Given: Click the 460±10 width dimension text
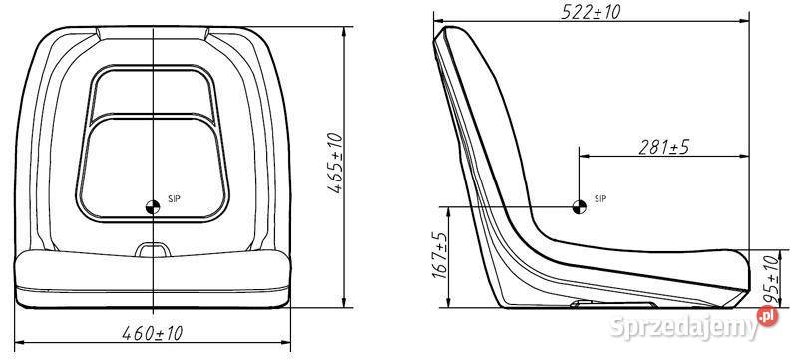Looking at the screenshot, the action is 153,333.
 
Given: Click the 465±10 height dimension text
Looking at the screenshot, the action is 335,164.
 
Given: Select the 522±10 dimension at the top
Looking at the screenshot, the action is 591,11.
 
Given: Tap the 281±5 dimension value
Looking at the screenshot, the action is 663,147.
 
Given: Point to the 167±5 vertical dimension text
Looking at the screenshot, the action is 439,255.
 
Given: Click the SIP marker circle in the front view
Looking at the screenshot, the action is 153,207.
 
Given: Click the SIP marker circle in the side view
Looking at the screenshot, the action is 580,207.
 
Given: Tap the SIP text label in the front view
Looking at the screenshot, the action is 174,198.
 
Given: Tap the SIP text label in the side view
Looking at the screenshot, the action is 600,198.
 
